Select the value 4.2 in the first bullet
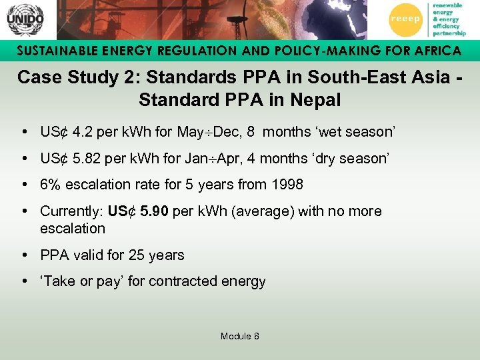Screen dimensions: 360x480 [x=83, y=132]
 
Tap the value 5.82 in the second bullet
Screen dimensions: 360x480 [x=87, y=159]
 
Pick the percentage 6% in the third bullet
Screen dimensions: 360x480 [x=51, y=185]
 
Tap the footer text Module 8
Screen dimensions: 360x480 [x=240, y=336]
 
